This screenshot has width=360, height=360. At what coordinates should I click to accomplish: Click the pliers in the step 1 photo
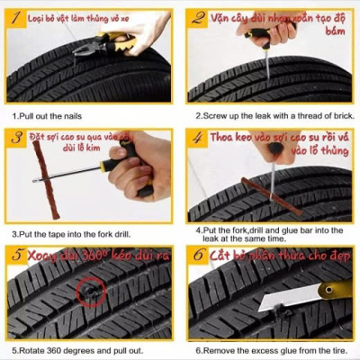(117, 40)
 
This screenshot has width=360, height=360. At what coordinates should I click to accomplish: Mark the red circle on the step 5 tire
(90, 293)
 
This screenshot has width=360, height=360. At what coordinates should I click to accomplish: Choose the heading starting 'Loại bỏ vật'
(81, 17)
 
